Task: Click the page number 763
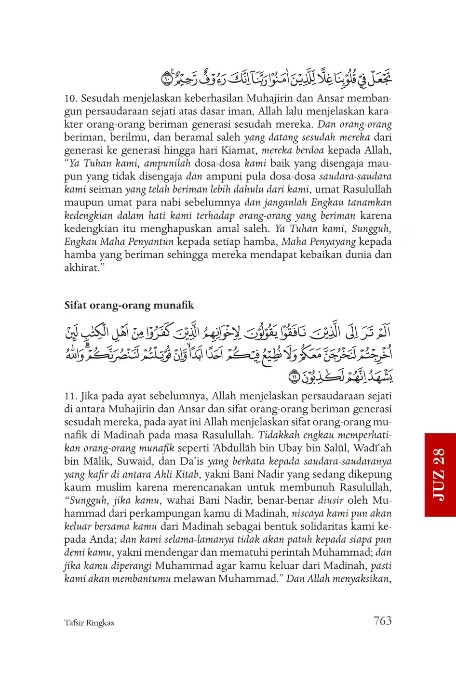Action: [x=382, y=621]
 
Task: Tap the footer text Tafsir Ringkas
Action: [x=89, y=623]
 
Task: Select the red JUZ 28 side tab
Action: [x=440, y=474]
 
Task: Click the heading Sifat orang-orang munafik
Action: [x=129, y=305]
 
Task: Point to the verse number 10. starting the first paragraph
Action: [x=70, y=98]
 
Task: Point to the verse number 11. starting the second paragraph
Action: [x=70, y=396]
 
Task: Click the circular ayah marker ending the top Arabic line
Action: [x=166, y=77]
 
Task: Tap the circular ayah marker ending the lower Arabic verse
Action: [x=294, y=376]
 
